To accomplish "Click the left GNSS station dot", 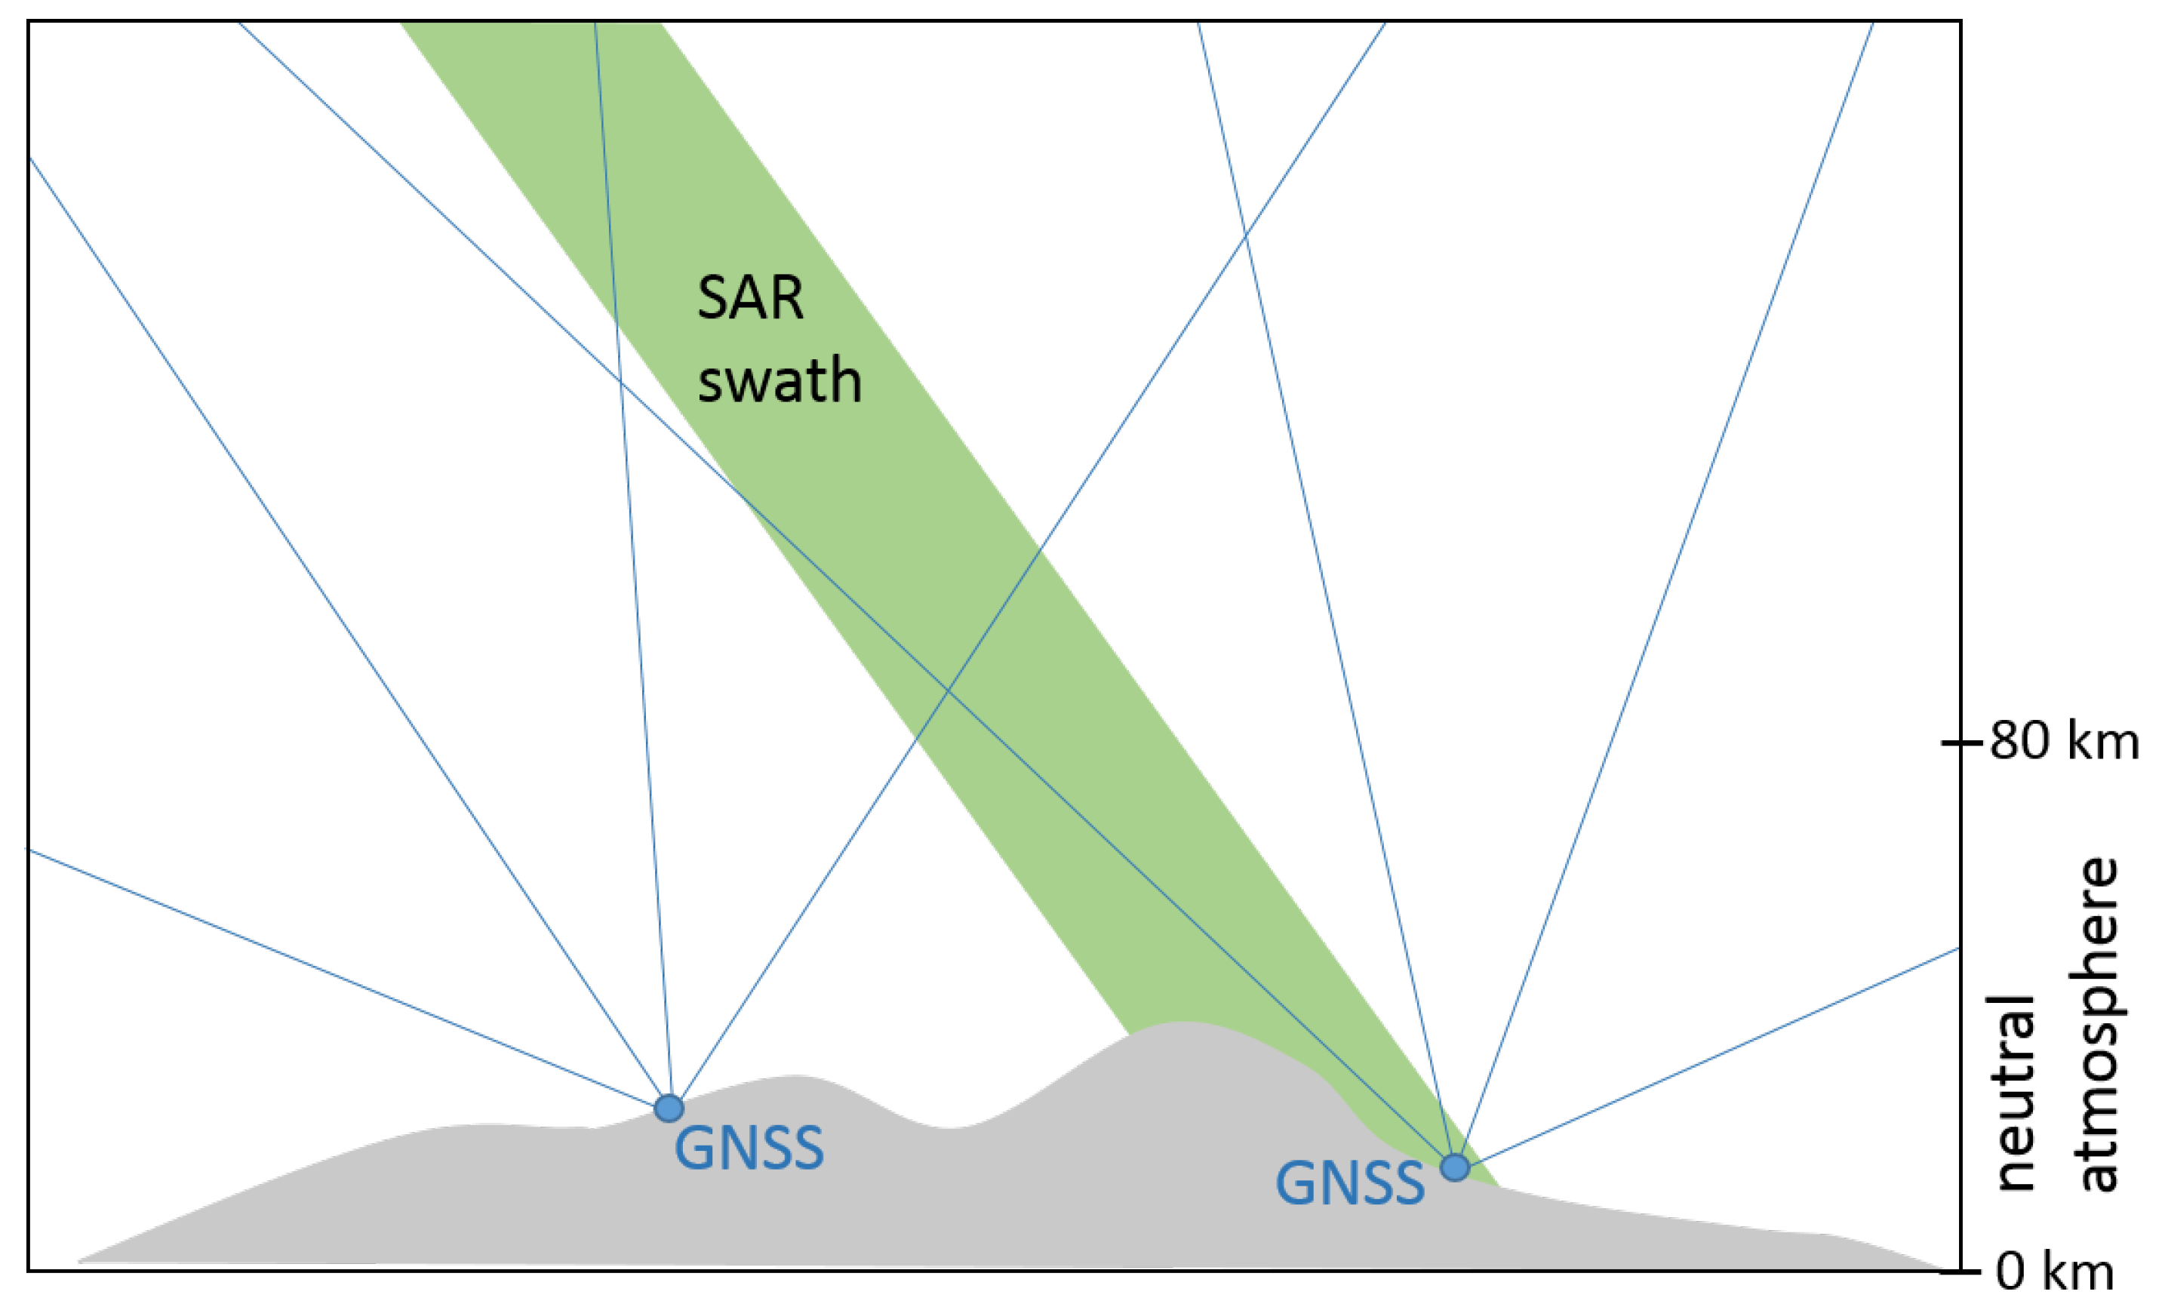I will [669, 1108].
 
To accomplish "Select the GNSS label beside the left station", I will [749, 1149].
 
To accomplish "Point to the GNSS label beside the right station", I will [1349, 1183].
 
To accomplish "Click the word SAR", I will [749, 299].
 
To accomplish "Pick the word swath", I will [779, 380].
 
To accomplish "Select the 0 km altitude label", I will [2054, 1271].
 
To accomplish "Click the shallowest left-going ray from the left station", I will [352, 980].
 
